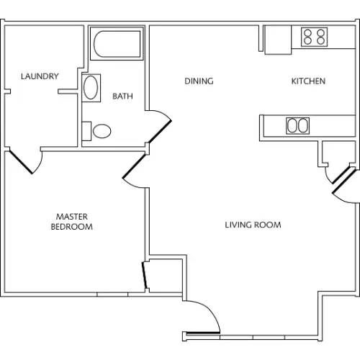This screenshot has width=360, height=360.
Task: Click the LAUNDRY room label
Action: (x=40, y=76)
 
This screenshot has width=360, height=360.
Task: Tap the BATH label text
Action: (x=122, y=96)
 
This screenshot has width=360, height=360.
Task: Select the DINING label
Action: (x=199, y=81)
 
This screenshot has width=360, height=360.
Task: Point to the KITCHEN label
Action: (x=308, y=81)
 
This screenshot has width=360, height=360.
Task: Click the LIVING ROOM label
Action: (x=253, y=225)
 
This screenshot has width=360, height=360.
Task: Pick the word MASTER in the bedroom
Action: (x=72, y=217)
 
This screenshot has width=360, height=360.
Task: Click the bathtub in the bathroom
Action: (x=117, y=44)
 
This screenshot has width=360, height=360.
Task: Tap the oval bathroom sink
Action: (x=91, y=88)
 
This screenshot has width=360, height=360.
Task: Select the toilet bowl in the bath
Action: (x=102, y=131)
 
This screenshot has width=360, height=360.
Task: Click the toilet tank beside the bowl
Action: (x=86, y=131)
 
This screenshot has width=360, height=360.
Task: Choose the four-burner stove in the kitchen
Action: (x=315, y=37)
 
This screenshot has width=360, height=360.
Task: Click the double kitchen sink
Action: (x=297, y=125)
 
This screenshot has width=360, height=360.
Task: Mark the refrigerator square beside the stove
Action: (x=278, y=40)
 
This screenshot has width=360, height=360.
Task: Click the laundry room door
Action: (x=21, y=161)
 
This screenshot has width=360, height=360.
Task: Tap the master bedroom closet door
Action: (x=145, y=275)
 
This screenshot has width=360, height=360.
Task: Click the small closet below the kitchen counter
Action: (x=338, y=153)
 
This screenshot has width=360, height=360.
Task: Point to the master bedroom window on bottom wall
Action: (x=112, y=294)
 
